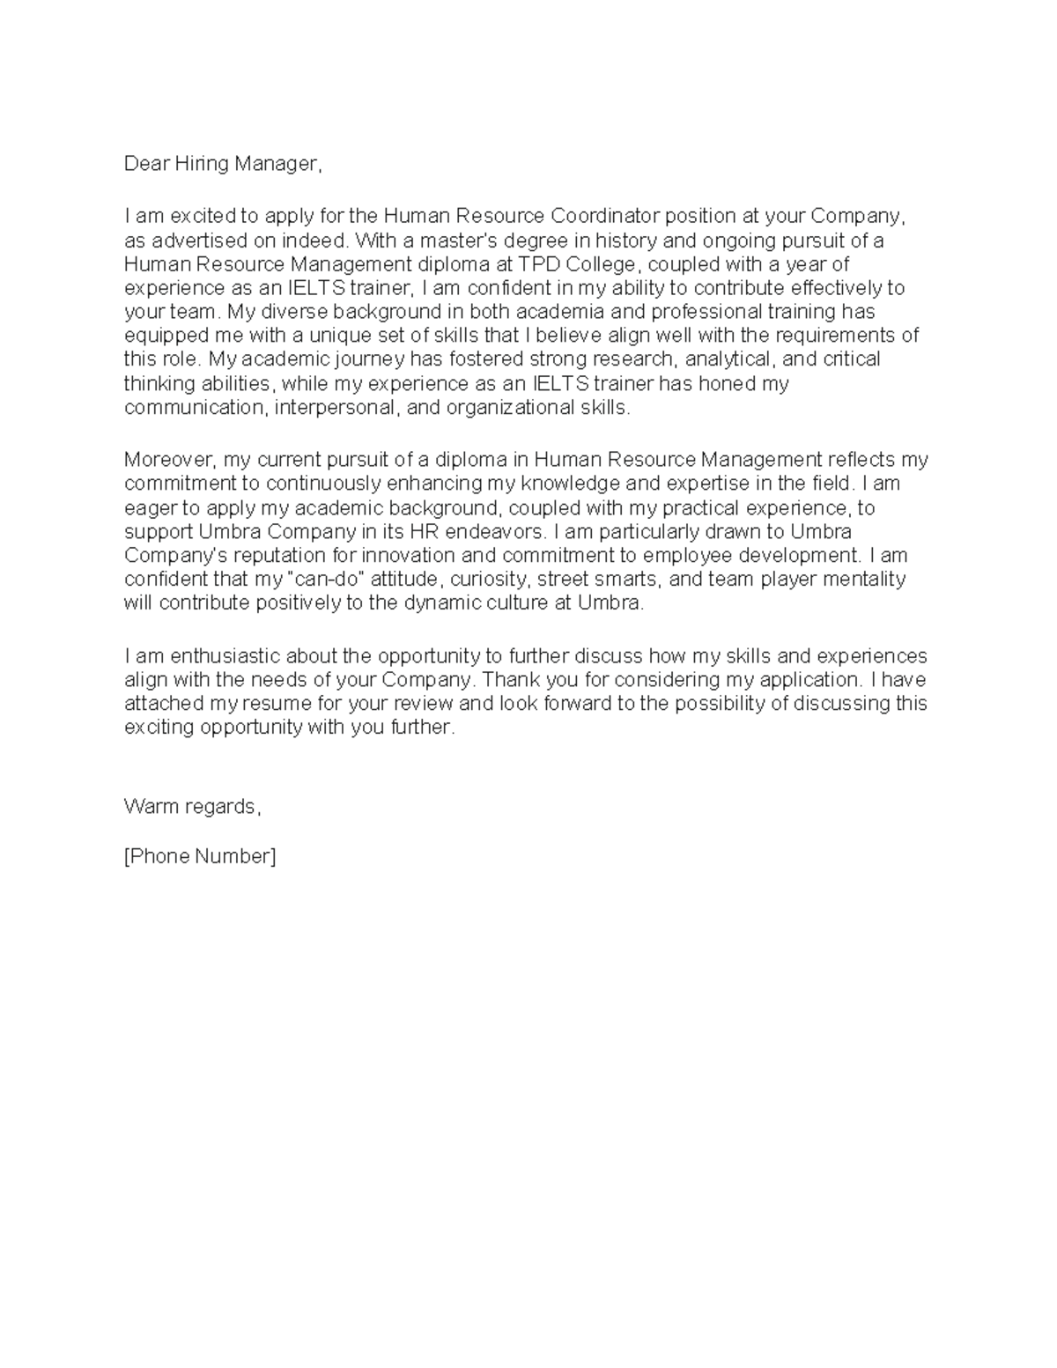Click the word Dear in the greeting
[144, 164]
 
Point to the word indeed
[321, 240]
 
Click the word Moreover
[169, 460]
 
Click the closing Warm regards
[193, 807]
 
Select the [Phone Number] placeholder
[200, 856]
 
